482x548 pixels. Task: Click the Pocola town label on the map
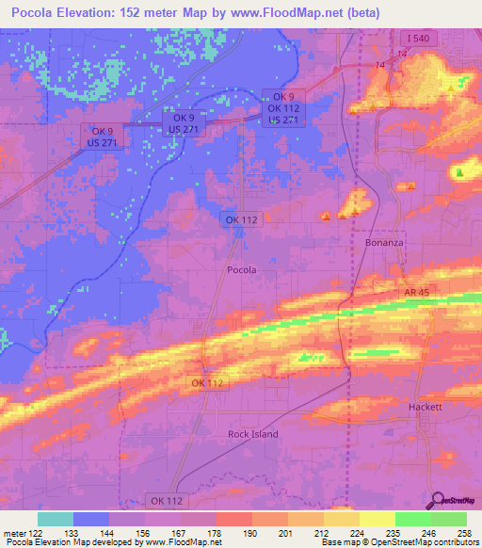pos(242,270)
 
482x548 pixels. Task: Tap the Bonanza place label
pos(384,243)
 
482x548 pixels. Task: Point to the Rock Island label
pos(253,434)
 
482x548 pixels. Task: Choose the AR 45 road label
pos(416,294)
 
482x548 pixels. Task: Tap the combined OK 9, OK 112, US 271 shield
pos(283,108)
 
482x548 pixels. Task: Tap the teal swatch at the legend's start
pos(56,519)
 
